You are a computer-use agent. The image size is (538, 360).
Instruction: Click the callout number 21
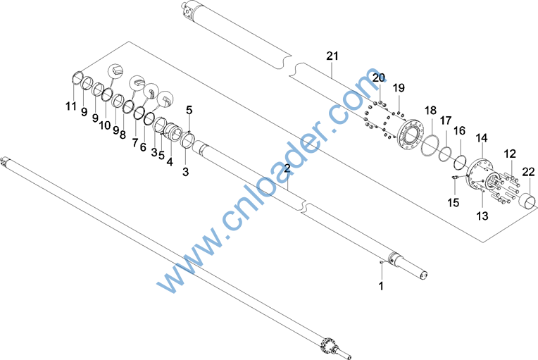pyautogui.click(x=332, y=56)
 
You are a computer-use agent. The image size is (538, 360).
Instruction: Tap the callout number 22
pyautogui.click(x=528, y=172)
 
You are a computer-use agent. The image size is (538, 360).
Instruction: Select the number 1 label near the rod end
pyautogui.click(x=381, y=285)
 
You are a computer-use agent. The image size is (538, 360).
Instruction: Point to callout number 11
pyautogui.click(x=71, y=106)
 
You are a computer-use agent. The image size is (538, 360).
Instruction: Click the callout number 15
pyautogui.click(x=453, y=202)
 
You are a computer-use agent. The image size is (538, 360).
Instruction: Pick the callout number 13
pyautogui.click(x=482, y=216)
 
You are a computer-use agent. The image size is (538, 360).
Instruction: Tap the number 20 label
pyautogui.click(x=379, y=77)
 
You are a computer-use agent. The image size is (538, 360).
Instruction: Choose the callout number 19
pyautogui.click(x=399, y=88)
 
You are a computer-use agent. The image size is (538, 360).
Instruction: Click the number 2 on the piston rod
pyautogui.click(x=287, y=168)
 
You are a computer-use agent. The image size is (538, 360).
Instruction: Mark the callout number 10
pyautogui.click(x=105, y=125)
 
